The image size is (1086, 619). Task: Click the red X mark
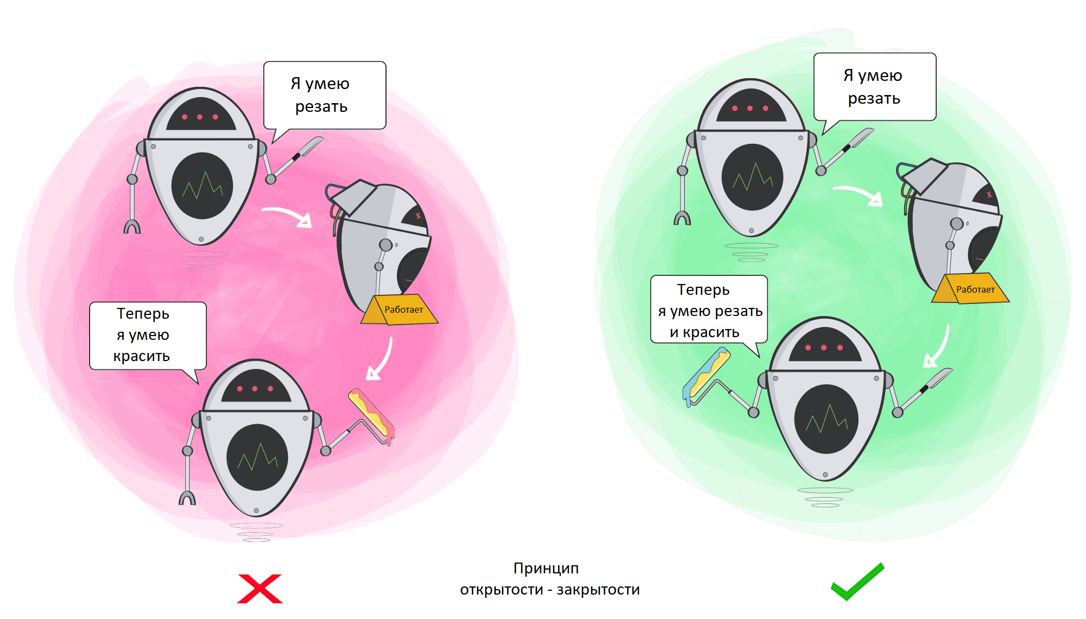click(x=260, y=589)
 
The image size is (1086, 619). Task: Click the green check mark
click(x=857, y=582)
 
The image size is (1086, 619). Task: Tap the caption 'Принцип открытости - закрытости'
click(x=550, y=579)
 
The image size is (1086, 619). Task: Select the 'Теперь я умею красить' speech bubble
click(x=147, y=335)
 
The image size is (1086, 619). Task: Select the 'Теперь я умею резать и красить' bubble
click(x=709, y=310)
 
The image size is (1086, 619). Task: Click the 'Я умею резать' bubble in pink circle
click(x=324, y=95)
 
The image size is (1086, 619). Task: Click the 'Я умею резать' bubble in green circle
click(x=874, y=87)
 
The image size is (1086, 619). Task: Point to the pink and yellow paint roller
click(x=372, y=415)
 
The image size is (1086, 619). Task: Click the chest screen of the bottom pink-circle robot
click(x=257, y=458)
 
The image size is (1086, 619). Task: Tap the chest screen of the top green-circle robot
click(x=752, y=177)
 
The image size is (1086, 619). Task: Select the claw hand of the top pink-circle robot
click(x=132, y=226)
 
